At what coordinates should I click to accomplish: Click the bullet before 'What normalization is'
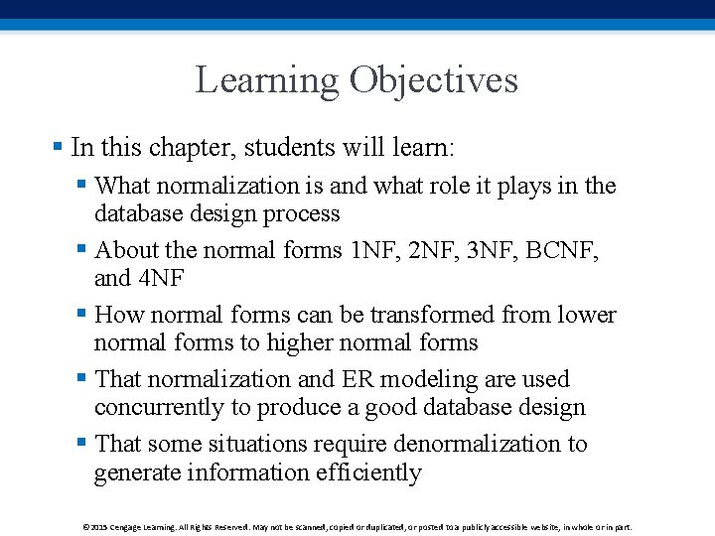coord(81,186)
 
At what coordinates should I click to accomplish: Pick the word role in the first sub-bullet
coord(425,186)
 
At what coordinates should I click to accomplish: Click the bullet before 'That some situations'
coord(81,444)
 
